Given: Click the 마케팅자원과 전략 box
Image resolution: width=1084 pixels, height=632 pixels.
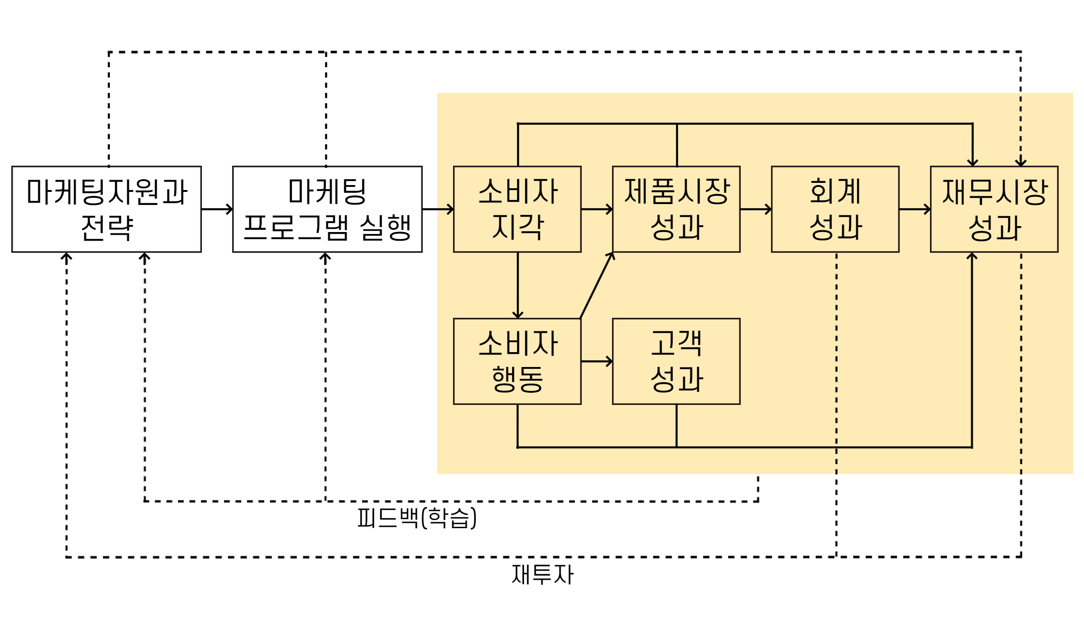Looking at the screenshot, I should [107, 209].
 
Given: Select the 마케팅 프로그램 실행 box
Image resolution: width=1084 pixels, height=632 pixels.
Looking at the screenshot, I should [327, 209].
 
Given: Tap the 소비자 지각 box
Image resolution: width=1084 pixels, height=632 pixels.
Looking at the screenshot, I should [517, 209].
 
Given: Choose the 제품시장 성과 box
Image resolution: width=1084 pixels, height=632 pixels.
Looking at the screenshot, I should [676, 209].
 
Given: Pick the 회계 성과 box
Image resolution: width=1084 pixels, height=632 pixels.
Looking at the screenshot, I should [835, 209].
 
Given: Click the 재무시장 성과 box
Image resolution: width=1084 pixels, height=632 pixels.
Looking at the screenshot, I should [994, 209].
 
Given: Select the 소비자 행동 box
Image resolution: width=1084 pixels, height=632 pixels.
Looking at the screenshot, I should [517, 361].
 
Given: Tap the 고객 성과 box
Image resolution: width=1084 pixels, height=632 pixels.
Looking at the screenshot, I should [676, 361].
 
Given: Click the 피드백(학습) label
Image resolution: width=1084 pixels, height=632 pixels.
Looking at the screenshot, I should [416, 518].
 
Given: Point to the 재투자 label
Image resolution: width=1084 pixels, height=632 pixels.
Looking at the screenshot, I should [542, 575].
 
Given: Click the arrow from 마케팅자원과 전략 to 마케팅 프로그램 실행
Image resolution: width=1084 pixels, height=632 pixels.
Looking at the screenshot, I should [217, 209].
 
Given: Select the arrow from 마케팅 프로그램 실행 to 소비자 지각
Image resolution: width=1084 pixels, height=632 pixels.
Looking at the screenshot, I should [438, 209].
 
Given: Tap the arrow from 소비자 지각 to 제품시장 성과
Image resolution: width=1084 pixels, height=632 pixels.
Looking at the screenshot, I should [597, 209].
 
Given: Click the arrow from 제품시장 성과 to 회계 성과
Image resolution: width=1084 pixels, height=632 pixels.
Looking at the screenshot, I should [756, 209].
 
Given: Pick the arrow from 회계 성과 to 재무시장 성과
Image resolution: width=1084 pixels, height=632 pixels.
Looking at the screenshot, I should [915, 209].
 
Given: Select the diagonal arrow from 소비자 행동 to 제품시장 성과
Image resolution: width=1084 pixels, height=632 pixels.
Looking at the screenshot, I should [597, 285].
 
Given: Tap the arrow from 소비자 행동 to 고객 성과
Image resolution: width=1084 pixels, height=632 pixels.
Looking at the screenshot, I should [597, 361].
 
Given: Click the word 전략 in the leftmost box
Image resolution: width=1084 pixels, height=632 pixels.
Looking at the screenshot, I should [107, 228].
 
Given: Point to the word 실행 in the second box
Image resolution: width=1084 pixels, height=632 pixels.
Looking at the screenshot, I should [385, 228].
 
